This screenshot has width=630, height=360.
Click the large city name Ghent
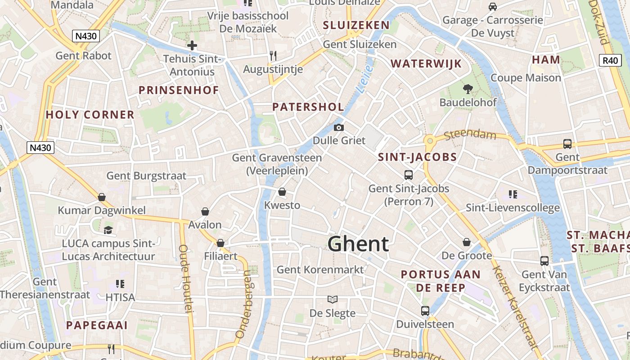click(358, 244)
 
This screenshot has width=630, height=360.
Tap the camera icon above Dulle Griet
click(339, 128)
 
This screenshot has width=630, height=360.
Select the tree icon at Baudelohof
click(468, 89)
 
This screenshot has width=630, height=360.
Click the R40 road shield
click(610, 60)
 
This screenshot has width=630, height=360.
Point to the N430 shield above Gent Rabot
click(85, 36)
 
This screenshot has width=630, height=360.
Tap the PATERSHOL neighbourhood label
click(308, 107)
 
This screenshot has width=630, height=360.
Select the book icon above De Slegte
click(333, 300)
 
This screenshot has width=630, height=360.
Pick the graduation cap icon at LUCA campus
click(108, 230)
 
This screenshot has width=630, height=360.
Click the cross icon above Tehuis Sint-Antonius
click(192, 45)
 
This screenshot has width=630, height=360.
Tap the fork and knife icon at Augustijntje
click(273, 56)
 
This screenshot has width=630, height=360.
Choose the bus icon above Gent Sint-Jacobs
click(409, 175)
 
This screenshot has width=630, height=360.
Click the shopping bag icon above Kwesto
click(282, 192)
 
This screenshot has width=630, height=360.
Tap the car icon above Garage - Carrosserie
click(493, 7)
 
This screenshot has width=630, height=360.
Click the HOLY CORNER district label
click(90, 115)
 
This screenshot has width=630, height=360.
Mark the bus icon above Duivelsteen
click(425, 310)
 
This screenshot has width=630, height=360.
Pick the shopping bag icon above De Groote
click(467, 243)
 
